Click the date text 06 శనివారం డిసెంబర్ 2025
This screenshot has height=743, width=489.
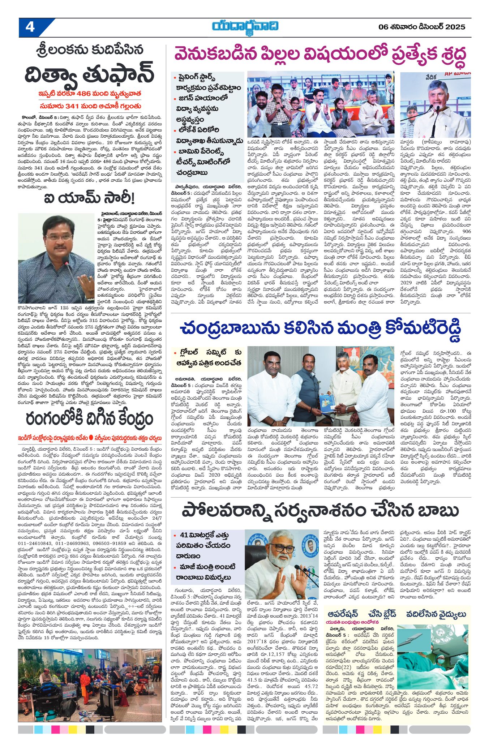pyautogui.click(x=422, y=27)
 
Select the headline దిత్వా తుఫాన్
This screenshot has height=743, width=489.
pyautogui.click(x=90, y=74)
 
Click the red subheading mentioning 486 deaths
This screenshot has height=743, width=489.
pyautogui.click(x=90, y=94)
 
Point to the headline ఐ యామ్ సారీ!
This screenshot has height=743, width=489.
pyautogui.click(x=89, y=198)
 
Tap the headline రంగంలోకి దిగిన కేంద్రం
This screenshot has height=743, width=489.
pyautogui.click(x=89, y=419)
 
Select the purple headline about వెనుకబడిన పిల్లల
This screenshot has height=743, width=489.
pyautogui.click(x=320, y=55)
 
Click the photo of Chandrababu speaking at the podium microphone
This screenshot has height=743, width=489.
pyautogui.click(x=436, y=105)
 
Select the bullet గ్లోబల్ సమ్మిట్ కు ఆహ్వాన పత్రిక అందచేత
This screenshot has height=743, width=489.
pyautogui.click(x=208, y=358)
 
